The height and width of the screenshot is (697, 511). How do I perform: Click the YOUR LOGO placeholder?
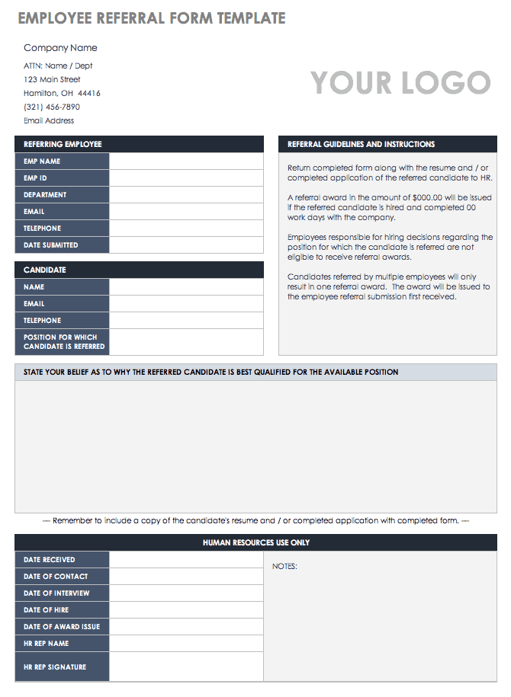[400, 83]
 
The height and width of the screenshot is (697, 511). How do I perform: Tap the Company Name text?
[60, 48]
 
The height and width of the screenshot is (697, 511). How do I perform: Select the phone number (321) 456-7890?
[52, 107]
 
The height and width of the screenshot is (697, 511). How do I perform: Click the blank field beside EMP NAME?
[186, 161]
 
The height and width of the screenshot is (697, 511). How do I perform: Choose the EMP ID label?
[35, 178]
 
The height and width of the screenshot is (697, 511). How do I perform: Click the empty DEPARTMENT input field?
[186, 195]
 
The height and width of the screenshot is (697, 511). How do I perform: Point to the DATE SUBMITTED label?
[50, 245]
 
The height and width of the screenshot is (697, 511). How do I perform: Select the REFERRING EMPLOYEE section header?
[63, 144]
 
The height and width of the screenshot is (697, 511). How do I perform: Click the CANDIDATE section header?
[45, 270]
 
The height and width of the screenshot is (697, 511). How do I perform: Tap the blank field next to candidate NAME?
[186, 287]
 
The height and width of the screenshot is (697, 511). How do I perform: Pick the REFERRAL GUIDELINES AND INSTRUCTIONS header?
[361, 144]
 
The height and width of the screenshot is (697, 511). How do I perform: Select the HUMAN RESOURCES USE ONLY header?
[256, 543]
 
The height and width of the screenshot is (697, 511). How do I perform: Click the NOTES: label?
[284, 567]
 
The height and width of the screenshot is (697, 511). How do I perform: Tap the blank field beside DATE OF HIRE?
[186, 610]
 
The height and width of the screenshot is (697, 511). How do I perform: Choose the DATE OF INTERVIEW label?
[56, 593]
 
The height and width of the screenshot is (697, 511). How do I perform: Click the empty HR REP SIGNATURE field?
[186, 667]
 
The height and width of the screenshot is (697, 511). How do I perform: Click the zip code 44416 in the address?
[89, 94]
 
